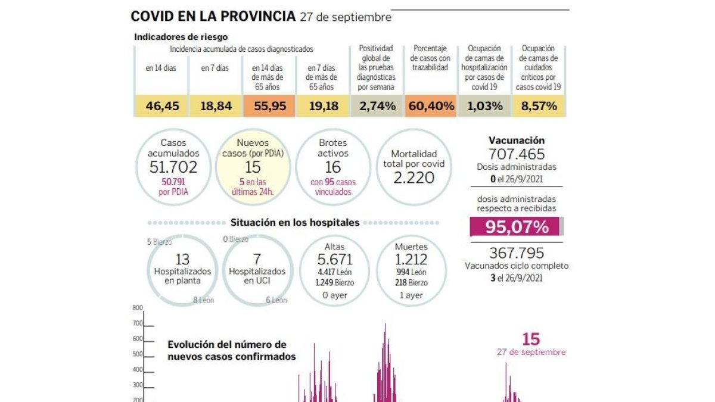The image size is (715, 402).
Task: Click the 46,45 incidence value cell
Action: [x=162, y=106]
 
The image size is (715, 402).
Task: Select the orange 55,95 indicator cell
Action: [x=269, y=106]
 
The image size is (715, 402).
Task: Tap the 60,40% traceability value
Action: [x=431, y=106]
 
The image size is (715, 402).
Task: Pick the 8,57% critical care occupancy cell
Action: [x=539, y=106]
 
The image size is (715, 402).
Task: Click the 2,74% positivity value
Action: [x=377, y=106]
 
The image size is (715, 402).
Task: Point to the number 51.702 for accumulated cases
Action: [x=173, y=167]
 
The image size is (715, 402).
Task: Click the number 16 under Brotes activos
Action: [x=333, y=167]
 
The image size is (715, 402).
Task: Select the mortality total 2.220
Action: [x=414, y=177]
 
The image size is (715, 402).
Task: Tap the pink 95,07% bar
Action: [x=515, y=226]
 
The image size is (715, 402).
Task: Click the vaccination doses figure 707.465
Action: [x=517, y=154]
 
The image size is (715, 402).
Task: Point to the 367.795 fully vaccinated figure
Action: [x=517, y=253]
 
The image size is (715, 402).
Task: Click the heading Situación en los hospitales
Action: [x=295, y=222]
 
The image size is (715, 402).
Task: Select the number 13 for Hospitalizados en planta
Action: [x=182, y=260]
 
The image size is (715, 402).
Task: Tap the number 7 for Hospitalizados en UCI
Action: [x=257, y=260]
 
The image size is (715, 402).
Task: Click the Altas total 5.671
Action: [x=334, y=260]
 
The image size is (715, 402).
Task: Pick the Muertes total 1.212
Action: [x=411, y=260]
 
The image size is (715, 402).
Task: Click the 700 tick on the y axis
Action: [x=138, y=323]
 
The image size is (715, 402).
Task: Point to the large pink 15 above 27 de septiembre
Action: [x=531, y=339]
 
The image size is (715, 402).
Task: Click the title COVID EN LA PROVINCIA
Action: [x=213, y=16]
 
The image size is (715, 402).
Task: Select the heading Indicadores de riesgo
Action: [x=181, y=37]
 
